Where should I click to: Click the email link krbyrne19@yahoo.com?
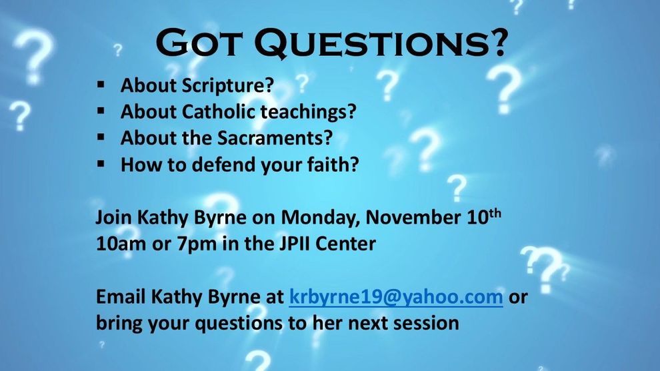pyautogui.click(x=395, y=297)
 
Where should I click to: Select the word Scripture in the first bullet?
pyautogui.click(x=228, y=86)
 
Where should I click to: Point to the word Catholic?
pyautogui.click(x=219, y=111)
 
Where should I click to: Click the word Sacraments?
pyautogui.click(x=275, y=138)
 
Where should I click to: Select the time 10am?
pyautogui.click(x=121, y=244)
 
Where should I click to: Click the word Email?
pyautogui.click(x=121, y=297)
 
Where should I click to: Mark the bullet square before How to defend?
pyautogui.click(x=101, y=164)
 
